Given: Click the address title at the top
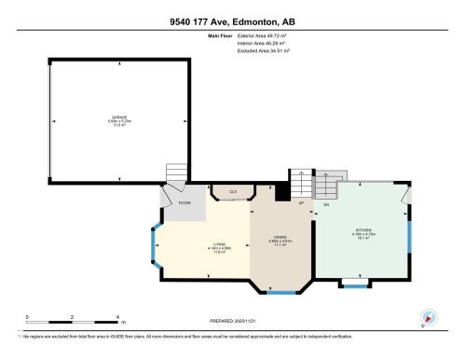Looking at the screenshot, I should [232, 21].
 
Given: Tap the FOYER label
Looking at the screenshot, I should [185, 201].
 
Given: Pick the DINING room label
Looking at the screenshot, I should [276, 239].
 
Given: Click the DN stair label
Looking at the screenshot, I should [325, 204].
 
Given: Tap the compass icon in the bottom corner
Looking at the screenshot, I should [428, 317].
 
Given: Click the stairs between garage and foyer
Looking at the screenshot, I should [176, 174].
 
